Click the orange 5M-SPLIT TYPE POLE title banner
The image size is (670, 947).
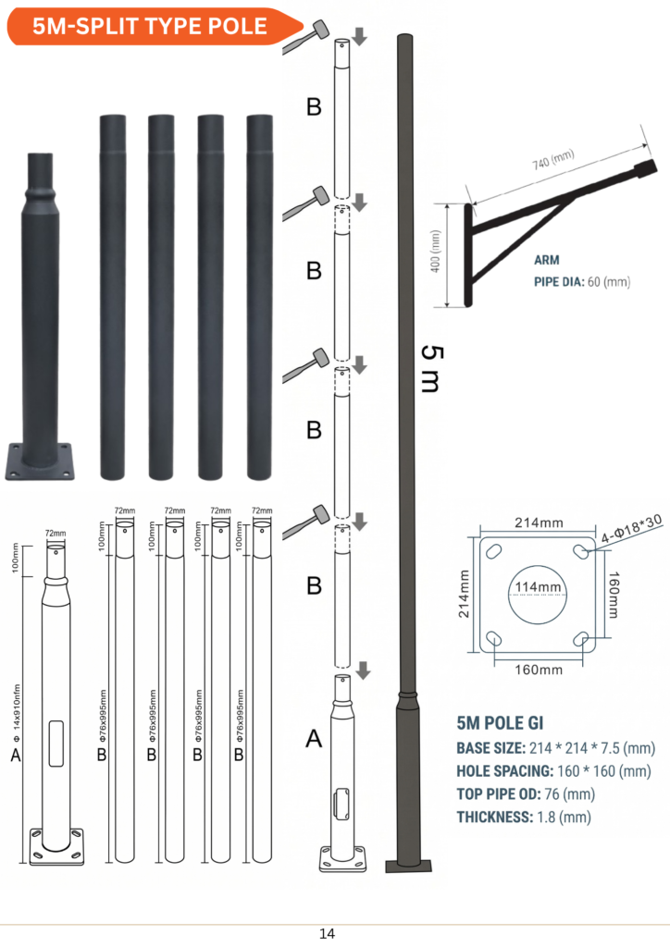point(154,27)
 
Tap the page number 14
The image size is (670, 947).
point(327,934)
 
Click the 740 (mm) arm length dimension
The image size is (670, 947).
point(552,159)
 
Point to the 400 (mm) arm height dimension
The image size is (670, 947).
point(436,251)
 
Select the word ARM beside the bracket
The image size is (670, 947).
point(547,260)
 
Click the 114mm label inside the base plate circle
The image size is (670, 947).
point(538,587)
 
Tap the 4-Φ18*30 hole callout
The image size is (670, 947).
point(631,528)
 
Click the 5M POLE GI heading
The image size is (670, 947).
point(500,723)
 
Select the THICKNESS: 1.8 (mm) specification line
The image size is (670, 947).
point(524,818)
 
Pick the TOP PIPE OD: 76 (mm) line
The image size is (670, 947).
point(526,794)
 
